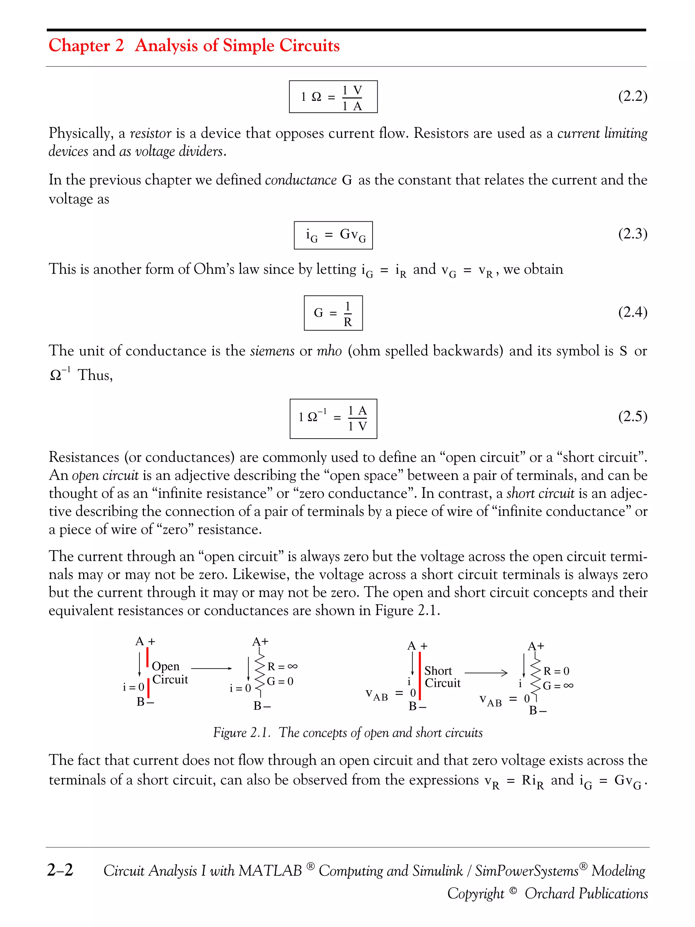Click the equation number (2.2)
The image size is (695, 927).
click(633, 96)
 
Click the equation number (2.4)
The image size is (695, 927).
click(633, 312)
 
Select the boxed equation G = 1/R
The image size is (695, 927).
click(333, 313)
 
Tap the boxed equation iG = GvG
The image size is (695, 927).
click(333, 235)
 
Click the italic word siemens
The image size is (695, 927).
click(272, 350)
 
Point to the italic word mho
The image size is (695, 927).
click(329, 350)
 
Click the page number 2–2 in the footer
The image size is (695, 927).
click(60, 870)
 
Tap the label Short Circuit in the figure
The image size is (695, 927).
click(442, 677)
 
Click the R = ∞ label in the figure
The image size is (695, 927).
click(282, 666)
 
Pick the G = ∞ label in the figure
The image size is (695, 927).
click(558, 686)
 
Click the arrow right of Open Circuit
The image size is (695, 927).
click(211, 668)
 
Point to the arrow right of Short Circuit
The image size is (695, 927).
click(486, 673)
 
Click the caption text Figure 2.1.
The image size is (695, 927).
click(241, 733)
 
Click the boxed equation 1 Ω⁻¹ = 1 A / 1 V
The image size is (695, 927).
click(333, 419)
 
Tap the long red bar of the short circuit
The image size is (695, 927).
click(419, 675)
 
